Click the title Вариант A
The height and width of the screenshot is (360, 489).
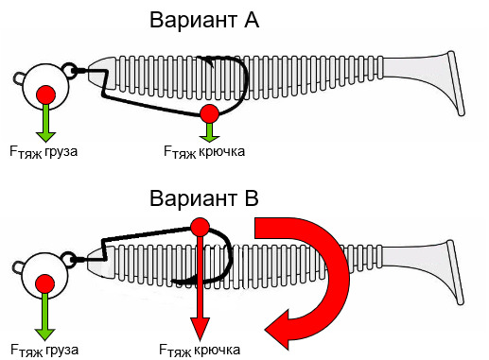[204, 20]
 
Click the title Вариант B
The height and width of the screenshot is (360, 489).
[204, 198]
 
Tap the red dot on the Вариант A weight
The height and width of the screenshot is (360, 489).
[46, 94]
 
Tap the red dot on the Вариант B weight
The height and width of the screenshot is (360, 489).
[44, 283]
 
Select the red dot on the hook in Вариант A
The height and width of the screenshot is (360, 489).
[210, 113]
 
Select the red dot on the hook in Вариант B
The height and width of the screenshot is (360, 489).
[200, 227]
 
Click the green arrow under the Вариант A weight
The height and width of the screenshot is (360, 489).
[46, 123]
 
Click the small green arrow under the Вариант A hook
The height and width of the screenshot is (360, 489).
[210, 132]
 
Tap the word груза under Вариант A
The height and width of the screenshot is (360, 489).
[61, 151]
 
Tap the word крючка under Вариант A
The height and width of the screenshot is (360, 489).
[222, 151]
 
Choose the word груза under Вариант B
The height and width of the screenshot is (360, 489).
[61, 350]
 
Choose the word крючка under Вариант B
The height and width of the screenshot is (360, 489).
[218, 350]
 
